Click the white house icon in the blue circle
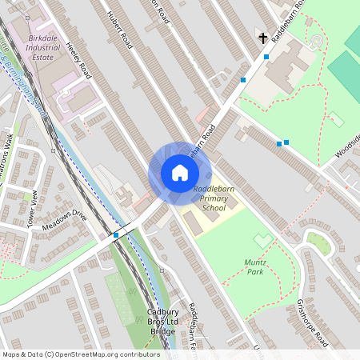pos(179,173)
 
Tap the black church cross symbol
pos(262,38)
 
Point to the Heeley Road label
pos(79,60)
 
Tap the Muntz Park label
pos(254,266)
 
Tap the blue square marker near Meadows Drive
pos(116,234)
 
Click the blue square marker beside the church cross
pos(266,56)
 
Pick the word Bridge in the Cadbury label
pos(162,331)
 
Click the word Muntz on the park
pos(254,262)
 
